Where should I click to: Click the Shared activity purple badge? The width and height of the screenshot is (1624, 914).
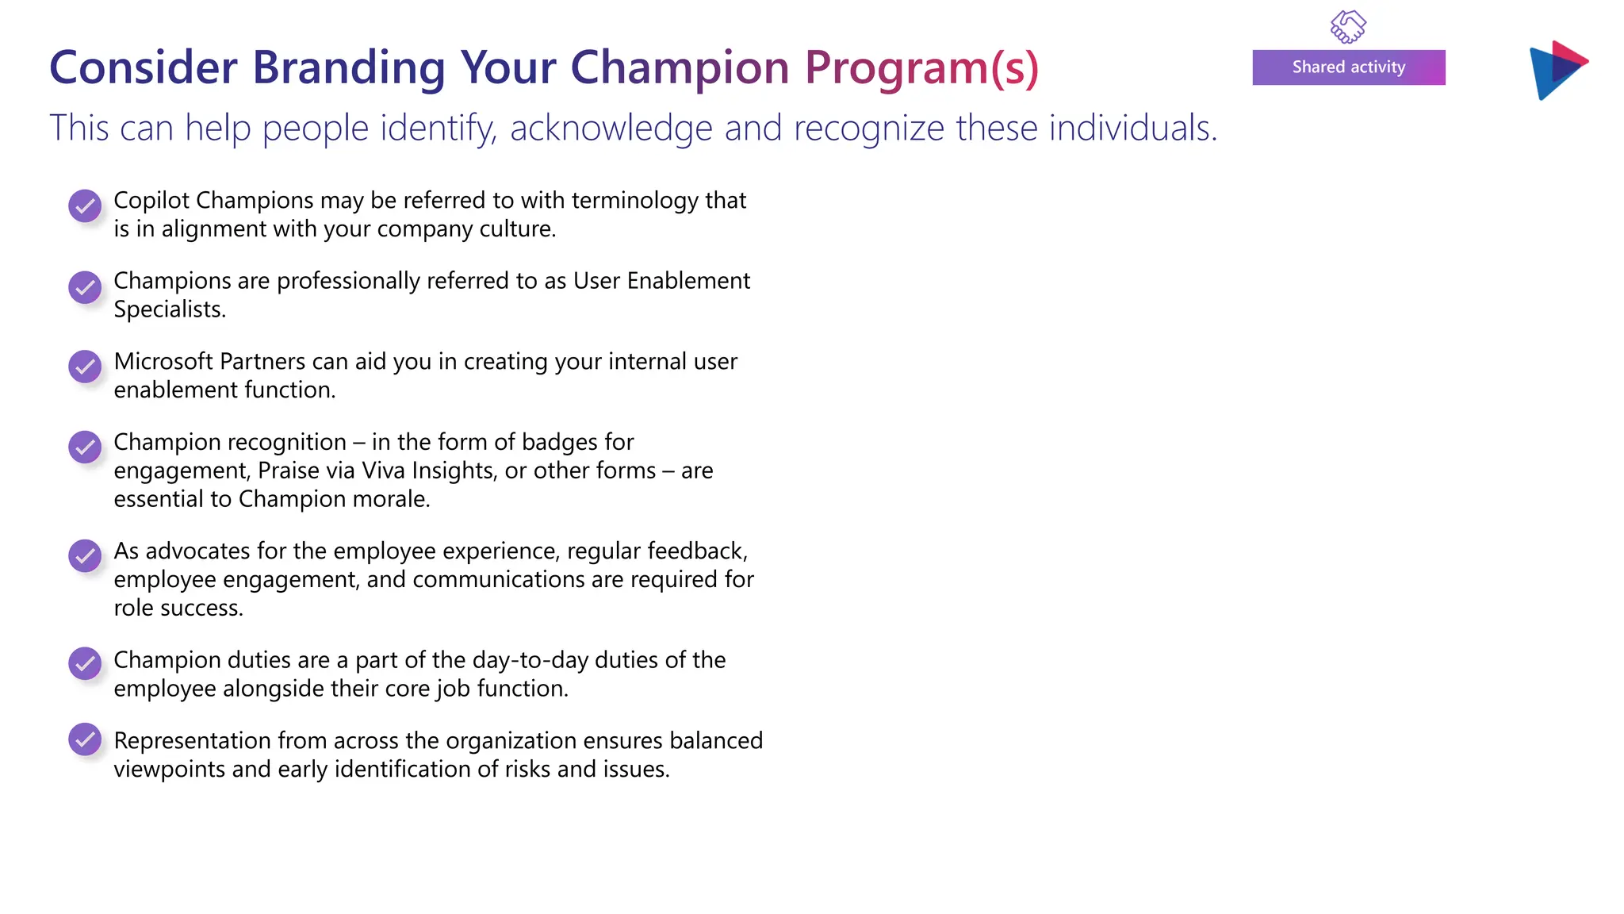1348,67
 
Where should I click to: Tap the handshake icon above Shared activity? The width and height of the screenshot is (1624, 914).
1347,26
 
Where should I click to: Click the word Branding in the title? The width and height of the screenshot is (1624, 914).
348,68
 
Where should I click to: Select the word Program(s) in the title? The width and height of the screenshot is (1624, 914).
921,68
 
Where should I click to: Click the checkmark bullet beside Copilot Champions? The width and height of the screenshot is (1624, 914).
85,206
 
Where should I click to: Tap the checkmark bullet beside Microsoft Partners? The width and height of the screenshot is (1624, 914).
85,367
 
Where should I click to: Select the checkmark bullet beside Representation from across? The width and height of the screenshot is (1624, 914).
85,739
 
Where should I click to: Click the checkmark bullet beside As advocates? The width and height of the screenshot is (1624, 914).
85,555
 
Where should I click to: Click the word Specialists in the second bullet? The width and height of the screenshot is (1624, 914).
168,309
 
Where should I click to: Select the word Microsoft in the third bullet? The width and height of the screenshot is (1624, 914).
163,362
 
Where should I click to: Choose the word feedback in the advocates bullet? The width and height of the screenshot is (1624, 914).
696,551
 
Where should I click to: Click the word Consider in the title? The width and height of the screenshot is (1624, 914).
144,68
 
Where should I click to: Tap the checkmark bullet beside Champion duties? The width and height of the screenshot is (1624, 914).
85,663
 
